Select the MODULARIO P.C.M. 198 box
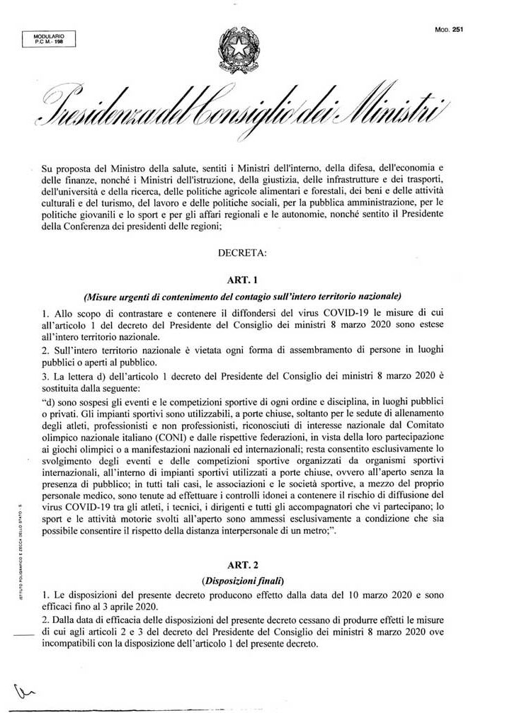click(50, 40)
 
